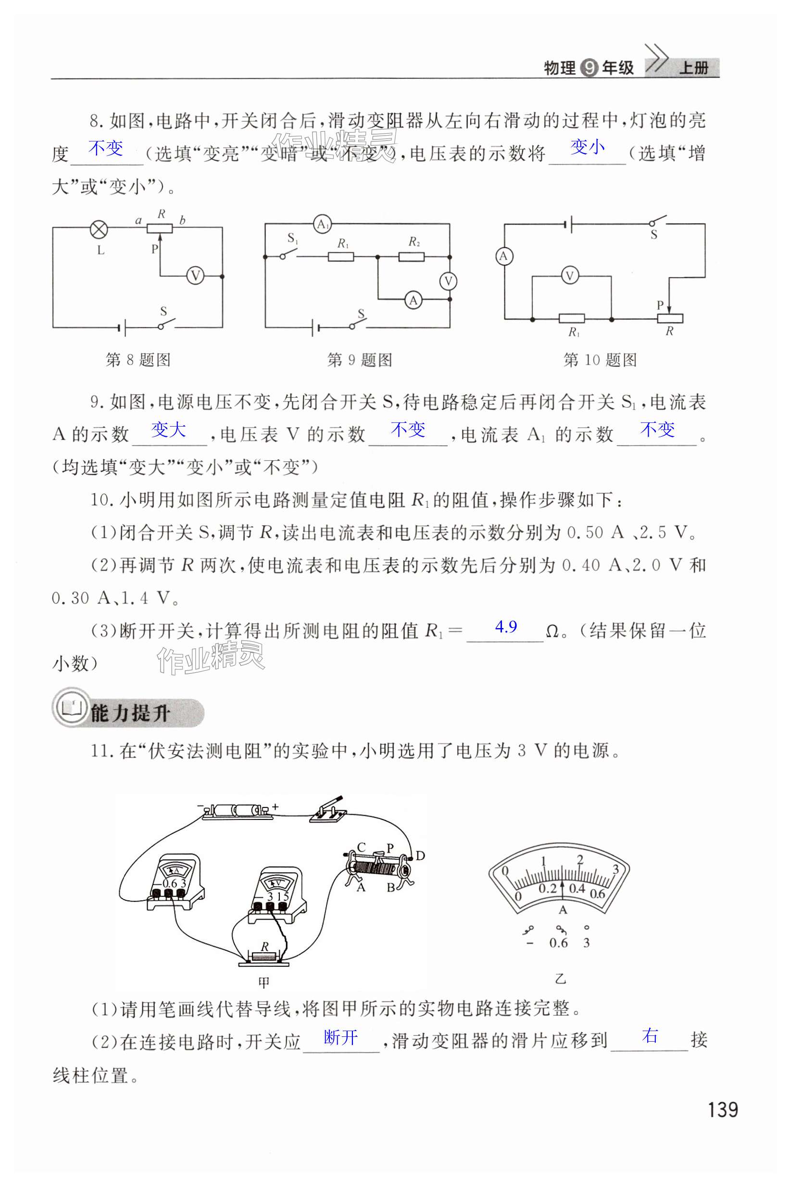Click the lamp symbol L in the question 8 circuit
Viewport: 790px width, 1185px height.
pos(99,230)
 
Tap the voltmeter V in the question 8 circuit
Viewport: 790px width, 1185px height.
pos(195,276)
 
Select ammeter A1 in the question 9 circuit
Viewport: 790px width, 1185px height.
pos(323,224)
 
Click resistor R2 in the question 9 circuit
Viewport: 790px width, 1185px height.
pos(411,257)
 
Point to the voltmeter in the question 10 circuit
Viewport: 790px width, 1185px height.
pos(570,276)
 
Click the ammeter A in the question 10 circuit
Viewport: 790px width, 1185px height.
pos(503,256)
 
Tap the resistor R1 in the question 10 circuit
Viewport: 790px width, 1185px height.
pos(571,318)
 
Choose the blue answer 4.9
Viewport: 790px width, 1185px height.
pos(506,627)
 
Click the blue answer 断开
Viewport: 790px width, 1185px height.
pos(340,1037)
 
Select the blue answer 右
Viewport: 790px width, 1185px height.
pos(651,1036)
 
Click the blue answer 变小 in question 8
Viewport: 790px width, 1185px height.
pos(587,147)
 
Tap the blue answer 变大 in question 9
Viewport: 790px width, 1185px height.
pos(168,430)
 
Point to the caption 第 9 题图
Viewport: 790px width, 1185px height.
pos(359,360)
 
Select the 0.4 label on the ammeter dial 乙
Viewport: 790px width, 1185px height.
pos(577,888)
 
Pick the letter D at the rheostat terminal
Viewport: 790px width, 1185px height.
pos(420,855)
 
